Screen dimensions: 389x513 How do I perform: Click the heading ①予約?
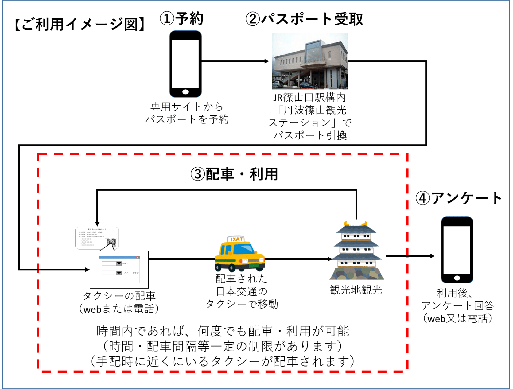[x=181, y=19]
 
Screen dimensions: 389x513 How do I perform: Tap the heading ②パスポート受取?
[x=304, y=19]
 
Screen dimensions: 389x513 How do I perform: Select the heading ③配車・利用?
[x=234, y=174]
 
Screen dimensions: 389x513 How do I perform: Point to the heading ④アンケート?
[x=458, y=198]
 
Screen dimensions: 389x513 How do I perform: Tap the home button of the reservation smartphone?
[x=185, y=92]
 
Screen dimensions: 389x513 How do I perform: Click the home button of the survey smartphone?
[x=457, y=278]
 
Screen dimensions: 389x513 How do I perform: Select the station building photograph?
[x=310, y=61]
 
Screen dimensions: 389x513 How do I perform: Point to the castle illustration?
[x=356, y=251]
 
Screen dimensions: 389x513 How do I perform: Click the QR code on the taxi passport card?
[x=112, y=243]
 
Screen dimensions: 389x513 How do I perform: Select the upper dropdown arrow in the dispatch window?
[x=119, y=263]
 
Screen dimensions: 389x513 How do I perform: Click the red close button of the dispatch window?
[x=138, y=258]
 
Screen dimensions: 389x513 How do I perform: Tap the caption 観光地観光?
[x=356, y=290]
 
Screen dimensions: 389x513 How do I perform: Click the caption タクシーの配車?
[x=119, y=296]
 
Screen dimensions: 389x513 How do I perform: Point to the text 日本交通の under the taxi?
[x=242, y=291]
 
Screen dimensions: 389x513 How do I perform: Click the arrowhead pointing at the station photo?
[x=267, y=61]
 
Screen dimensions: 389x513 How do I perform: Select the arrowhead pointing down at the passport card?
[x=97, y=224]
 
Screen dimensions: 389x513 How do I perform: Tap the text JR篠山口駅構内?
[x=309, y=98]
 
